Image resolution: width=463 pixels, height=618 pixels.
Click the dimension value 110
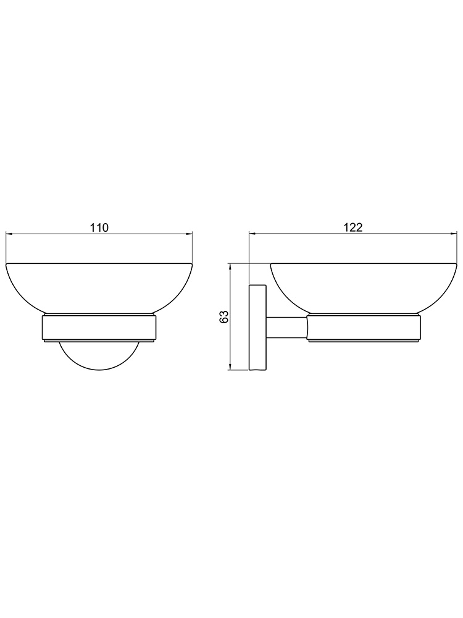pos(99,227)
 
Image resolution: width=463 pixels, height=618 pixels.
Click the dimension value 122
pos(354,227)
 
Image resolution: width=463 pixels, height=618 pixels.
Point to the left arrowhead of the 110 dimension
pos(9,234)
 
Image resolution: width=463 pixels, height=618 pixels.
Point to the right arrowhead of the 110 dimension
pos(188,234)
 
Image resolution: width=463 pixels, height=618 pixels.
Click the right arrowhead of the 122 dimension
pos(454,234)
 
